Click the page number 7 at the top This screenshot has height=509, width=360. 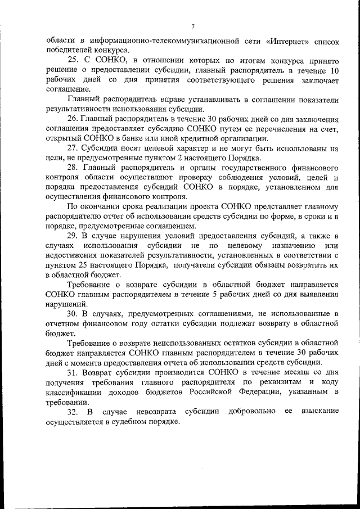[x=192, y=27]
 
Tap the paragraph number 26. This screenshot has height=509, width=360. [x=73, y=120]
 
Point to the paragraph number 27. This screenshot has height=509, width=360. [x=73, y=149]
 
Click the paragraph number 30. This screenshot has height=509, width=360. [x=73, y=313]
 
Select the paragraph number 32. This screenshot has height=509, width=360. [x=73, y=412]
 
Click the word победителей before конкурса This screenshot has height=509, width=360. [x=67, y=51]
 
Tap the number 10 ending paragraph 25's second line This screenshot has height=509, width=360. [x=334, y=71]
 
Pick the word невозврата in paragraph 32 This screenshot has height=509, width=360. [x=147, y=412]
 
